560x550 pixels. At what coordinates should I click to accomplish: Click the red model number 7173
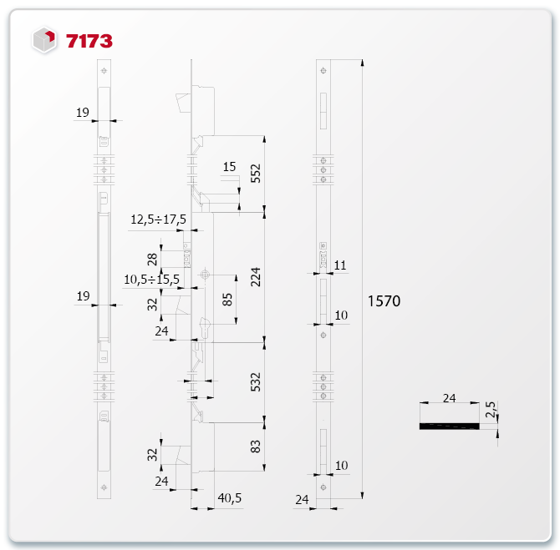tap(89, 41)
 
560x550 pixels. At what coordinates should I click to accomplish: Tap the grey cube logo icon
tap(44, 39)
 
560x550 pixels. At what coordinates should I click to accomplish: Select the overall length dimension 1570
tap(384, 301)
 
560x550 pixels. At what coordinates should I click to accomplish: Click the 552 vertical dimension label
tap(256, 174)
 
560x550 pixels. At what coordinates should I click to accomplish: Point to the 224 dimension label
tap(256, 277)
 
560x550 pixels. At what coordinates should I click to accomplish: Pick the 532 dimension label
tap(256, 382)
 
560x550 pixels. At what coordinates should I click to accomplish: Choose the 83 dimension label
tap(256, 447)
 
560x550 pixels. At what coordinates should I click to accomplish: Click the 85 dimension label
tap(227, 300)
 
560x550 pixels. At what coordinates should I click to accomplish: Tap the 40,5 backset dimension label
tap(230, 498)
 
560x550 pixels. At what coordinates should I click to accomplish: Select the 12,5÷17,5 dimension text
tap(158, 219)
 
